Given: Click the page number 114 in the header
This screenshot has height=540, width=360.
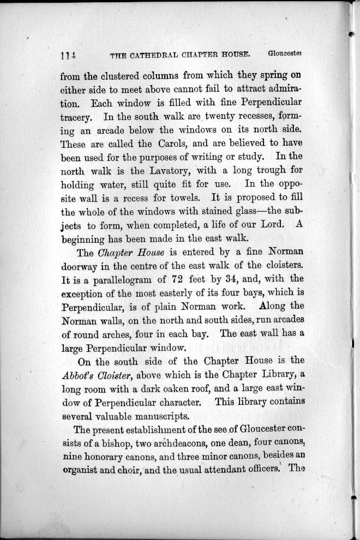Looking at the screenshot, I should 68,55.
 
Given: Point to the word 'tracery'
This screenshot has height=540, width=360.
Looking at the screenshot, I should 77,117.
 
